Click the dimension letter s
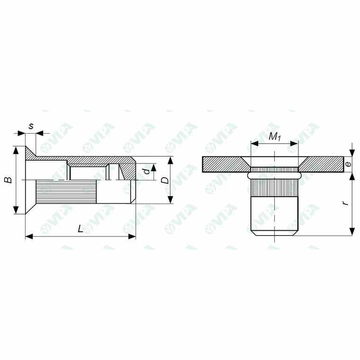[31, 126]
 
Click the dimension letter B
[7, 180]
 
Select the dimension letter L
[81, 229]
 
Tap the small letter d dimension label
[147, 170]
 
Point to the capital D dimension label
[163, 180]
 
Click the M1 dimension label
[275, 137]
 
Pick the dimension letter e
[348, 164]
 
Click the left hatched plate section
[223, 164]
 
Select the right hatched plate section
[322, 164]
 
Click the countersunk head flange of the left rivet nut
[21, 180]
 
